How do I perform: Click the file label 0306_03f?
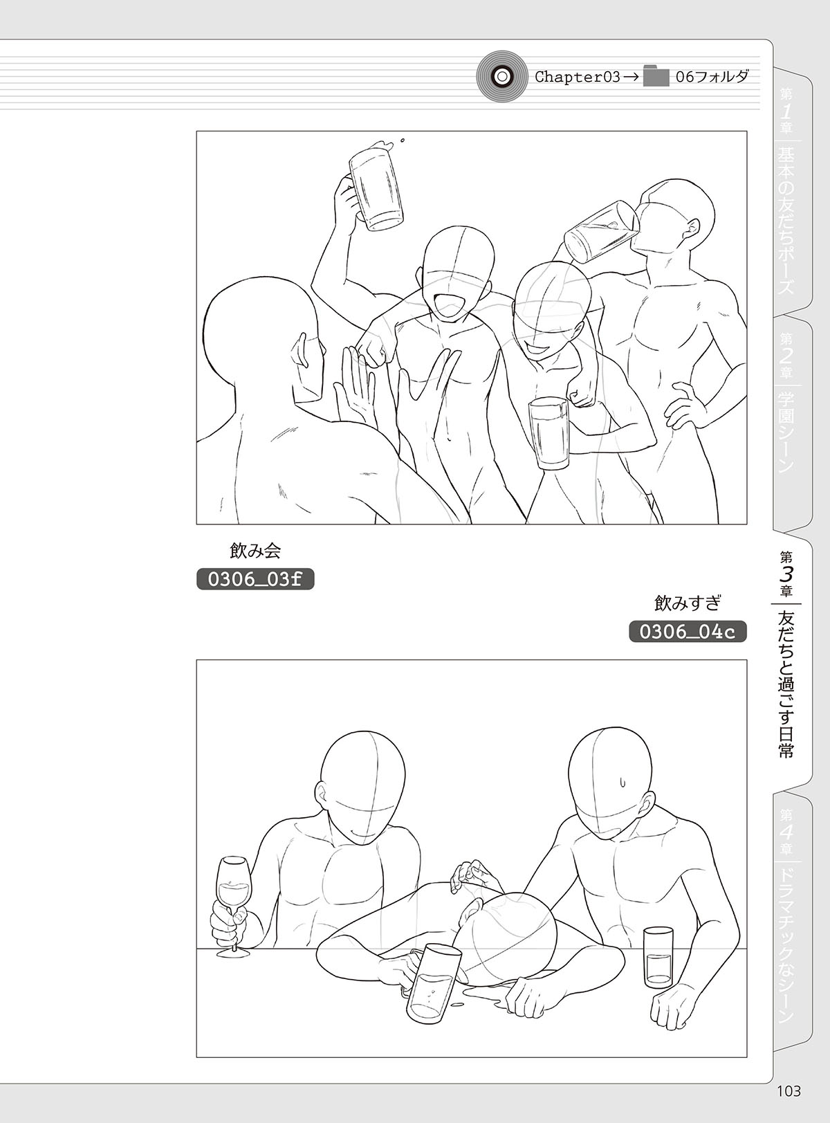255,578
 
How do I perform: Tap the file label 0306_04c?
688,631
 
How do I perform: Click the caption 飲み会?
255,551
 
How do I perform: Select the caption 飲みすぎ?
687,603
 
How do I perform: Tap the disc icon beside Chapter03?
501,76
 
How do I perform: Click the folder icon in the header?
656,76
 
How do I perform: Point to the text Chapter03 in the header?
578,77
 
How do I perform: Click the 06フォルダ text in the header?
712,77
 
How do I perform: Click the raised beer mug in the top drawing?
376,186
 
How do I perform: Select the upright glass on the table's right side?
658,957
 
